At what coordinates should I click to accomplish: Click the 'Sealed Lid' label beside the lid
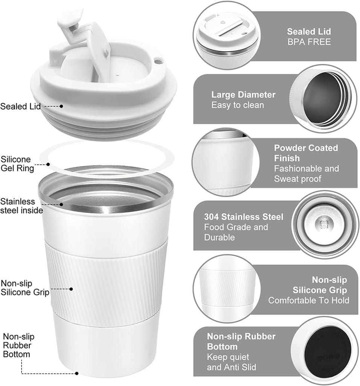tap(20, 106)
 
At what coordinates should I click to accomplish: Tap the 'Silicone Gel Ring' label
tap(17, 164)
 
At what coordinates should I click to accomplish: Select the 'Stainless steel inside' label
tap(21, 206)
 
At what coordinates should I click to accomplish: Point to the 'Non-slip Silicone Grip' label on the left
tap(25, 288)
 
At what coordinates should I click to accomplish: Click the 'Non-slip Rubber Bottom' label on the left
tap(18, 345)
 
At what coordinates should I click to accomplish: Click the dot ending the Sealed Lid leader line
tap(61, 106)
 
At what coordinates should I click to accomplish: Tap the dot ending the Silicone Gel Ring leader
tap(48, 164)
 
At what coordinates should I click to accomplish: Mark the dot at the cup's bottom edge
tap(77, 374)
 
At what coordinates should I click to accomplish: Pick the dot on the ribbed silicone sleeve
tap(71, 289)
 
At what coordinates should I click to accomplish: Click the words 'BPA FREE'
tap(309, 42)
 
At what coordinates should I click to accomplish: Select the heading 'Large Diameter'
tap(243, 95)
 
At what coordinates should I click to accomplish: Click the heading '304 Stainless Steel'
tap(244, 217)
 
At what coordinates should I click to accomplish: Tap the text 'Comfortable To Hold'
tap(309, 300)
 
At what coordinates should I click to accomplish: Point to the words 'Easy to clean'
tap(238, 105)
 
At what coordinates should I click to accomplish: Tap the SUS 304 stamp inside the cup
tap(324, 225)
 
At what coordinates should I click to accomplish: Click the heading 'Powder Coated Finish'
tap(306, 153)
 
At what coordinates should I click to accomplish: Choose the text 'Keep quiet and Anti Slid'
tap(231, 362)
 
